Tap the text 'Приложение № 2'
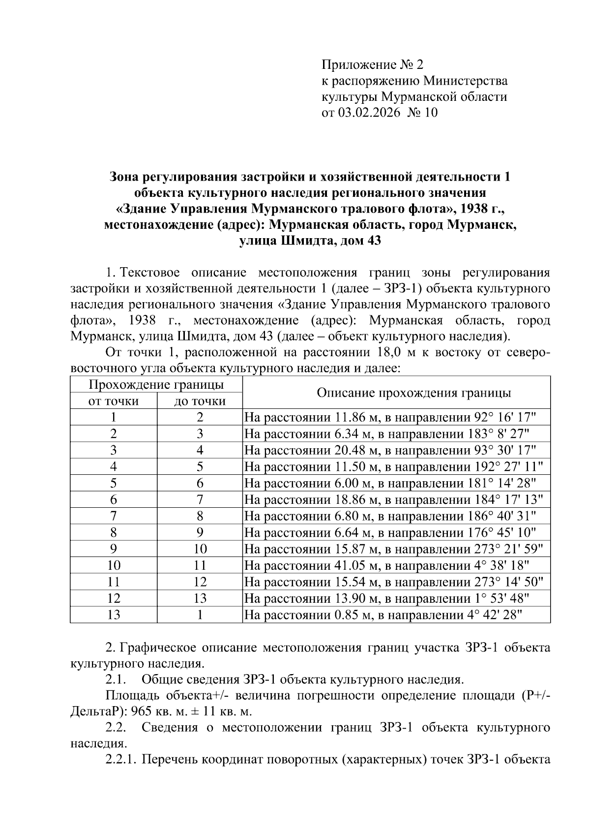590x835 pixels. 372,64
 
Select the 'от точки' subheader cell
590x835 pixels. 114,401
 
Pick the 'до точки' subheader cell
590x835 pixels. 200,401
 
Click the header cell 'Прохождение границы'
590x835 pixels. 156,384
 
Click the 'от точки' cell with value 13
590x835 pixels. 114,615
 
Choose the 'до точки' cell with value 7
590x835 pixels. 200,500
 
